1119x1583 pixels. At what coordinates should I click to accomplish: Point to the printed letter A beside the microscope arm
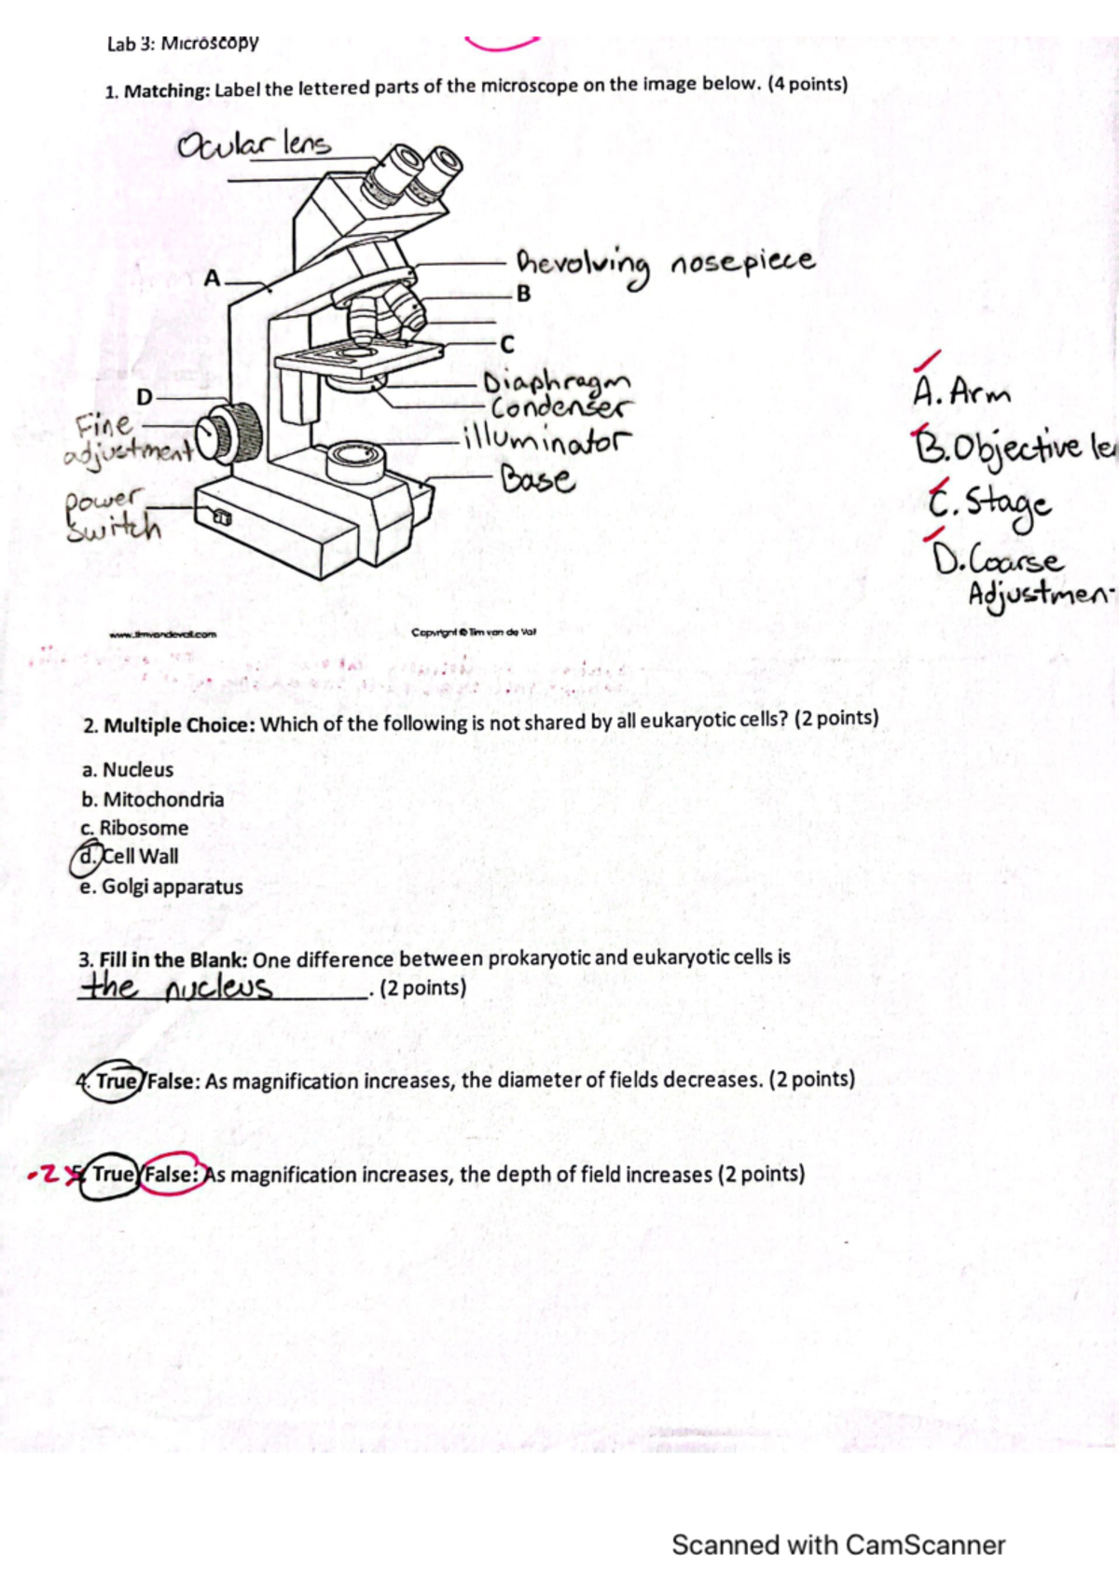pos(213,279)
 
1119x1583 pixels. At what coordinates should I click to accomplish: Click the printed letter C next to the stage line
pos(507,345)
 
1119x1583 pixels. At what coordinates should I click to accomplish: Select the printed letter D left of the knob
pos(145,397)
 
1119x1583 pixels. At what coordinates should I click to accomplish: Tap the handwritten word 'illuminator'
pos(547,440)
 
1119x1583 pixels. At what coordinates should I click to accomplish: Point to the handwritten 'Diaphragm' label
pos(557,383)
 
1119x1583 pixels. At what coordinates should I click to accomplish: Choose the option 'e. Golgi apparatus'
pos(161,887)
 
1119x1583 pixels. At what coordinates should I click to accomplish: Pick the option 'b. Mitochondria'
pos(152,800)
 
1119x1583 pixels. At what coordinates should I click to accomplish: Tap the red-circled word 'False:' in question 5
pos(171,1175)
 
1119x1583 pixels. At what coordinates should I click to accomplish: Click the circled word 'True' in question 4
pos(117,1081)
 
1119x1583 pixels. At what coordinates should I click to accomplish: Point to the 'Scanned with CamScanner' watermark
pos(837,1545)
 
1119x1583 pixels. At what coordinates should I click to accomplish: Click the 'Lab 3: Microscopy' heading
pos(183,43)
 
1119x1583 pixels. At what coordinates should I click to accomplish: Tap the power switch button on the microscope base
pos(222,516)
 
